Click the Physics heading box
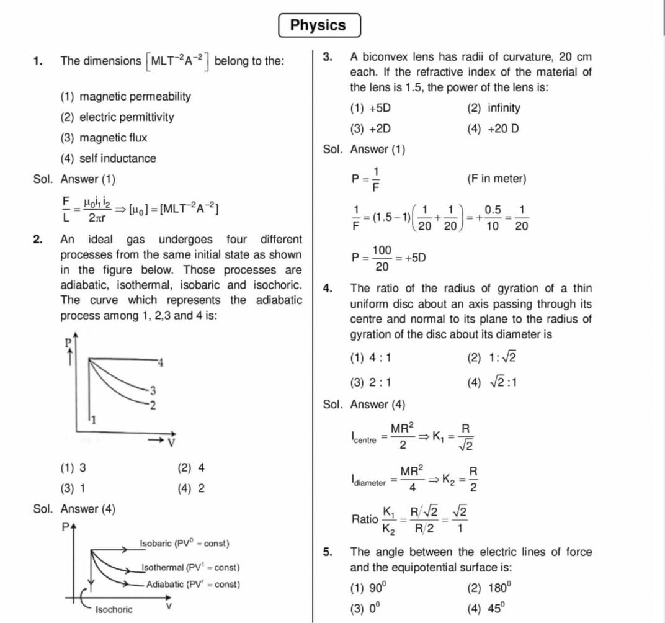(318, 25)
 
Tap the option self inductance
(109, 158)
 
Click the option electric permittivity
(117, 117)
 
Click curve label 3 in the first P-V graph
(153, 390)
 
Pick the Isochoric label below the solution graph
(114, 610)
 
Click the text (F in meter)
(496, 179)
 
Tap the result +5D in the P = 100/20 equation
(415, 258)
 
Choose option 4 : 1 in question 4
(371, 357)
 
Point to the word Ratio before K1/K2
(364, 519)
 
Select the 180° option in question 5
(490, 588)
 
